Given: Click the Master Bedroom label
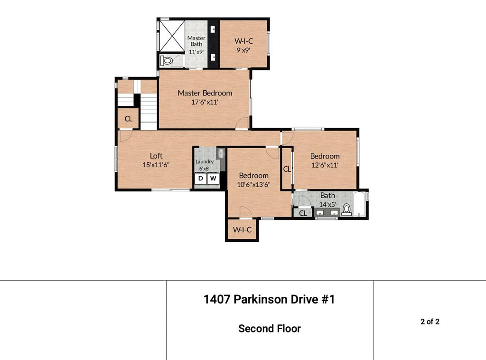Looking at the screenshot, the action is (x=205, y=93).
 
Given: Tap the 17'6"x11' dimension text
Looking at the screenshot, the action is (x=205, y=102).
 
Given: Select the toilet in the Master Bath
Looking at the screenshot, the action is (x=167, y=60).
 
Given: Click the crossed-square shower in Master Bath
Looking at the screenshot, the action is (x=172, y=36).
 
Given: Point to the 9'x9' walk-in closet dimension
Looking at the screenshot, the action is (x=243, y=50).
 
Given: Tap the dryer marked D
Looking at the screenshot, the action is (x=201, y=178).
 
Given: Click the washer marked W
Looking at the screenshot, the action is (x=213, y=178).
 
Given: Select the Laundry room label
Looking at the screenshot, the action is (x=204, y=161).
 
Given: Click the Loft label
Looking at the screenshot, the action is (x=156, y=156).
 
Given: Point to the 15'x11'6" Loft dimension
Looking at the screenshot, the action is (x=156, y=165).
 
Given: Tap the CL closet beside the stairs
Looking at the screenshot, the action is (x=128, y=118).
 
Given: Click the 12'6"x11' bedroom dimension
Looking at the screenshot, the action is (x=325, y=165).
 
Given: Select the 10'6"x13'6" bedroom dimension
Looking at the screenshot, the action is (x=253, y=184).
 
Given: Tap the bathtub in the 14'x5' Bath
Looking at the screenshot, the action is (x=360, y=204).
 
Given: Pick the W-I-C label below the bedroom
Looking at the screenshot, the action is (x=242, y=230).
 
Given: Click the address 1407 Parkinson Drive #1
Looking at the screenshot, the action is (x=269, y=299).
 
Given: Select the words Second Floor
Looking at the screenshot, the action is (x=270, y=328).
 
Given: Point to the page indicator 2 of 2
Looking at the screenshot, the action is (x=430, y=322).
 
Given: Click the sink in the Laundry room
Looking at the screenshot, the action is (x=221, y=153).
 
